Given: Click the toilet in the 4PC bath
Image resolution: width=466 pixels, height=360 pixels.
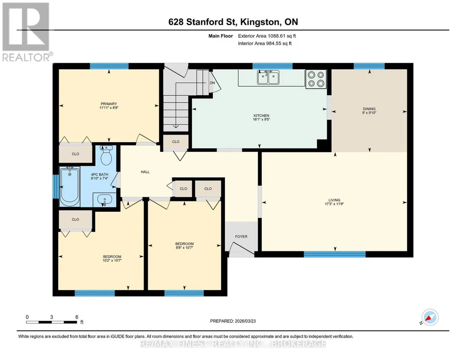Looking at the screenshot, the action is tap(106, 155).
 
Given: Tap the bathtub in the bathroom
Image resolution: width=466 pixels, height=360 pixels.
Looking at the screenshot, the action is tap(70, 186).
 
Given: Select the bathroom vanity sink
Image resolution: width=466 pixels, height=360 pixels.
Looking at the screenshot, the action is tap(104, 199).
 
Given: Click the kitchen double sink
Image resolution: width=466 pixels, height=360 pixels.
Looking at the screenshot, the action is tap(268, 78).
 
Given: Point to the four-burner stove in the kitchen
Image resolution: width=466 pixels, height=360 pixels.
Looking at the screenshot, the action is tap(316, 79).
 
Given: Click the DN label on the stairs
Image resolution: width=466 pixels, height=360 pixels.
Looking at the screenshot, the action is tap(212, 83).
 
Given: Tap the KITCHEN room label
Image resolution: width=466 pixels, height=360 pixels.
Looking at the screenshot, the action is tap(261, 115).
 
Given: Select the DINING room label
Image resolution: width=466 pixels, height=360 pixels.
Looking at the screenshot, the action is tap(369, 109).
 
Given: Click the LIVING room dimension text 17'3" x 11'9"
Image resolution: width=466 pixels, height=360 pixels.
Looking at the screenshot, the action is tap(334, 204).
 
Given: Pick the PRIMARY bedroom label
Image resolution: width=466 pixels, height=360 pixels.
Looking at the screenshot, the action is tap(109, 104).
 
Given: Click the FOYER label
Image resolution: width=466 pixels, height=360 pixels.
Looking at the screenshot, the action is tap(241, 236).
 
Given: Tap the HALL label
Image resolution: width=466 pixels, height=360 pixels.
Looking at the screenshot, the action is tap(145, 172).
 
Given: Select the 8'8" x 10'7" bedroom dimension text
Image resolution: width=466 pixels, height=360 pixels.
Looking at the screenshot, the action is tap(184, 247).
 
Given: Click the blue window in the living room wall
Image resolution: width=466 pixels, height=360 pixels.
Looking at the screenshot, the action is tap(335, 254).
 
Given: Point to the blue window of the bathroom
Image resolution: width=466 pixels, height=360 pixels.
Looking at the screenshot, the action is tap(55, 186).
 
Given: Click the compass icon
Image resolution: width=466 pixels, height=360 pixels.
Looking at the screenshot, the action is tap(430, 317).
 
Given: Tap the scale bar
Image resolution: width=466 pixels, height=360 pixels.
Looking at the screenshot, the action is tap(51, 322).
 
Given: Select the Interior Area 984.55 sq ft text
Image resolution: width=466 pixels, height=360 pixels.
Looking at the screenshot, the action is tap(265, 43).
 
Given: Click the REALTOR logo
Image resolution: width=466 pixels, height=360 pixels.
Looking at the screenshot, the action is tap(26, 31).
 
